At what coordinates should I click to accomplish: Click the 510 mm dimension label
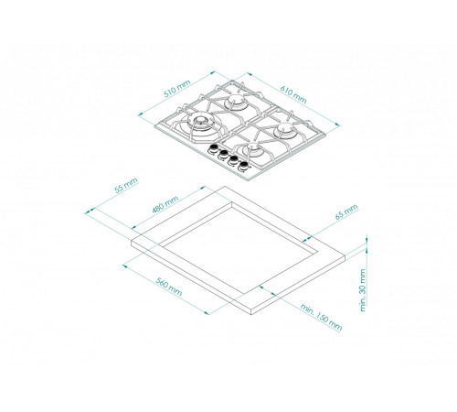point(177,89)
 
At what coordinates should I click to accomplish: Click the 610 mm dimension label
point(293,94)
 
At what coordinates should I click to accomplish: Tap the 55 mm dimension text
point(126,185)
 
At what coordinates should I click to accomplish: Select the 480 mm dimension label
point(165,204)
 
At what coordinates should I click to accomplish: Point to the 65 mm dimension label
point(346,211)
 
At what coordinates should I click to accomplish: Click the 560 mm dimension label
point(169,287)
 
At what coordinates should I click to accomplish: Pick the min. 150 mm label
point(321,318)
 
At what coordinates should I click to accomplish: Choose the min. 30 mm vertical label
point(363,290)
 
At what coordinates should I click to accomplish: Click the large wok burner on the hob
point(199,122)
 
